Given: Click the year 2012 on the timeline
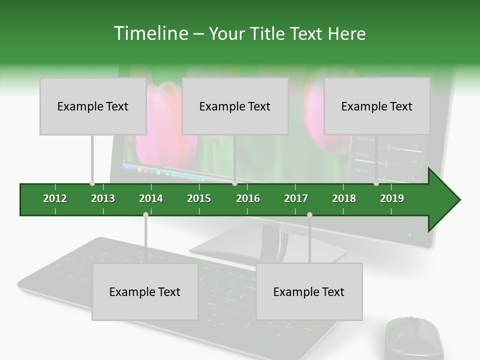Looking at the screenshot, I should [55, 198].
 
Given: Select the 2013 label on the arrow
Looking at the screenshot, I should [103, 198].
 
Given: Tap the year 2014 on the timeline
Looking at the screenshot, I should [151, 198].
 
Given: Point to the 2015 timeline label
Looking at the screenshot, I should [199, 198].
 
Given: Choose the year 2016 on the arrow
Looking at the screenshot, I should [248, 198].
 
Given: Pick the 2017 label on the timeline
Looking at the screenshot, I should [296, 198].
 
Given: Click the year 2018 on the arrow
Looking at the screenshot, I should [344, 198].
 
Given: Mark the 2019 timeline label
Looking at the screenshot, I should [392, 198].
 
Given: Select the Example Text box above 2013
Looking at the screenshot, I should [93, 106].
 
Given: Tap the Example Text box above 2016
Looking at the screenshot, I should [235, 106].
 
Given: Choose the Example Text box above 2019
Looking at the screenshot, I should [377, 106].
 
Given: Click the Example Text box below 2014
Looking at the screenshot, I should [145, 291].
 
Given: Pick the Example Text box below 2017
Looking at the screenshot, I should [309, 291].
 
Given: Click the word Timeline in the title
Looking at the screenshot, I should [149, 33].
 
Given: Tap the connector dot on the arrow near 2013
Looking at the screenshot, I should [92, 183].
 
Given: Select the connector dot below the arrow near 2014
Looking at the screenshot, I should [145, 214].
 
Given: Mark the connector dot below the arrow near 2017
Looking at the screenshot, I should [309, 214].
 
